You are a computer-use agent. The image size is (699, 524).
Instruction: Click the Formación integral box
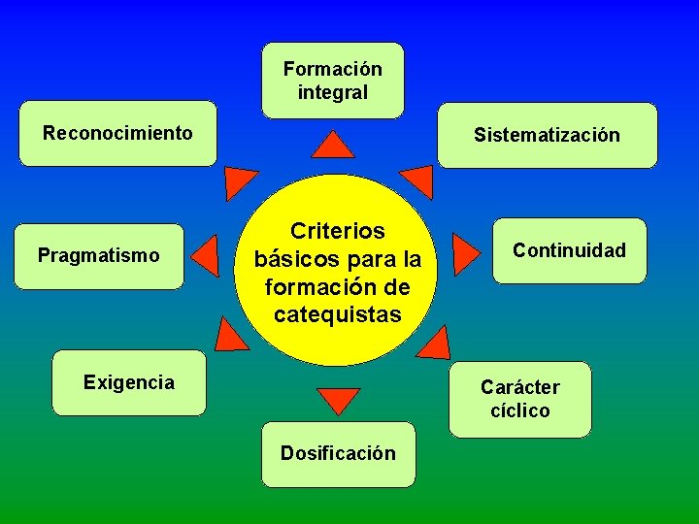(x=332, y=81)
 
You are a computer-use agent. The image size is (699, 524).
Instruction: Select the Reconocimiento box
(x=117, y=133)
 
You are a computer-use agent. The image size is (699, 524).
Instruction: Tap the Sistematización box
(x=547, y=135)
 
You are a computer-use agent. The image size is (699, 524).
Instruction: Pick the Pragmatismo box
(x=99, y=256)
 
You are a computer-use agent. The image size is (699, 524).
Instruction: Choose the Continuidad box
(x=569, y=250)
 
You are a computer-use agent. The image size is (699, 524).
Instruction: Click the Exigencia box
(x=129, y=382)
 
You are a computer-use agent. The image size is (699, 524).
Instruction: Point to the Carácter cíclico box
(x=519, y=399)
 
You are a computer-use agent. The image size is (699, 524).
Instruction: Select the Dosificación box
(x=338, y=453)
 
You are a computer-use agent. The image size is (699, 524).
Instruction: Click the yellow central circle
(x=337, y=272)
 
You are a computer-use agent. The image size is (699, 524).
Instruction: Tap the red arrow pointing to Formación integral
(x=336, y=147)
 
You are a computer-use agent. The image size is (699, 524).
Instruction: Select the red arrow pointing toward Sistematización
(x=417, y=180)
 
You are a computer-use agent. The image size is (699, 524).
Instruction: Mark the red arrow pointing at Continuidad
(x=467, y=254)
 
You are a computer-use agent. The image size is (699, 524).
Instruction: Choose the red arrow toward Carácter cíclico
(x=434, y=342)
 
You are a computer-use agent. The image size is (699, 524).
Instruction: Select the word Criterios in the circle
(x=338, y=231)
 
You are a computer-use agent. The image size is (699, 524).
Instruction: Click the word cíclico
(x=519, y=410)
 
